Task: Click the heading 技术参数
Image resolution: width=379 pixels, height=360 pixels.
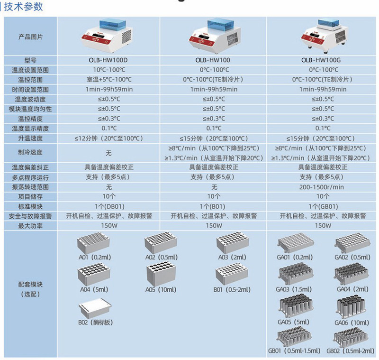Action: coord(24,7)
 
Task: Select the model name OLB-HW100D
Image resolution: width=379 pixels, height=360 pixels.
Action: coord(108,60)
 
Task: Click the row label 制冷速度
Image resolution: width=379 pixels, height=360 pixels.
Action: coord(30,153)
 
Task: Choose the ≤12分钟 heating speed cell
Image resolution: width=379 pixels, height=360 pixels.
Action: coord(108,138)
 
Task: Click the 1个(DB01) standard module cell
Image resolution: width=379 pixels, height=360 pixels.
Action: coord(108,206)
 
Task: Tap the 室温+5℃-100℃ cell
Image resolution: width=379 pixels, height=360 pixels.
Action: coord(108,80)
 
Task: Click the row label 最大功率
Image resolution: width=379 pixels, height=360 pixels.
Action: coord(30,226)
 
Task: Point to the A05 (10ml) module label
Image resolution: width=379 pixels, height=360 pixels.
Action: coord(162,290)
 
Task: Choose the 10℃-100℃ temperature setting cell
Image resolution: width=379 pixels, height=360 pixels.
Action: coord(108,70)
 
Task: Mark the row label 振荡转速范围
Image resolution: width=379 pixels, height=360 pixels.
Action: coord(30,187)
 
